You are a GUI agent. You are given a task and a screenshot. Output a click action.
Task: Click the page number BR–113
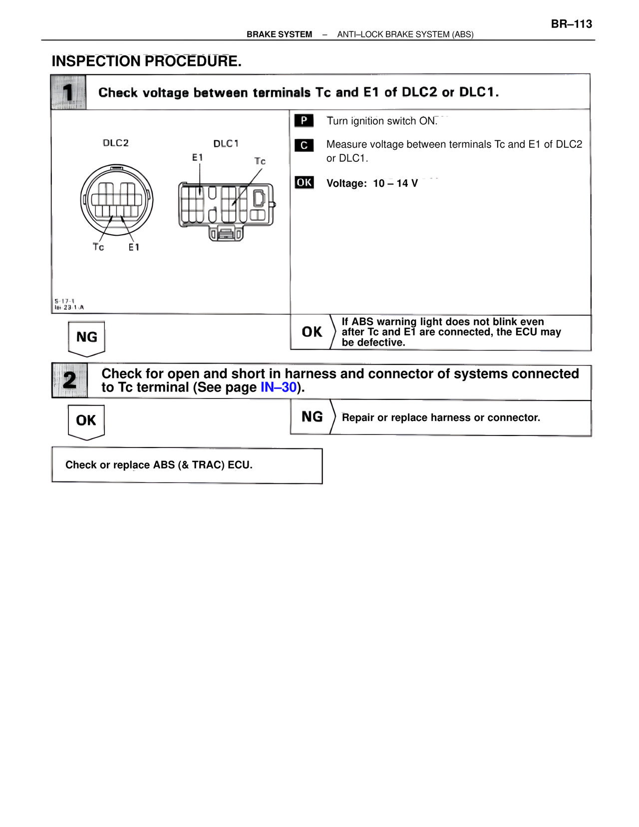point(571,24)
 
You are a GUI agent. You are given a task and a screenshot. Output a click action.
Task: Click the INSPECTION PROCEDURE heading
point(146,61)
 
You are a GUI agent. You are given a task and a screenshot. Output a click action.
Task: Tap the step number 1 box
point(68,92)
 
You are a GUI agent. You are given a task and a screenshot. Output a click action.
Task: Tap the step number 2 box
point(69,381)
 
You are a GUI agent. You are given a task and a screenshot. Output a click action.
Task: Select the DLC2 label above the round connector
point(116,143)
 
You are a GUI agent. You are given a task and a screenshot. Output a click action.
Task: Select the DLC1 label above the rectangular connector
point(226,144)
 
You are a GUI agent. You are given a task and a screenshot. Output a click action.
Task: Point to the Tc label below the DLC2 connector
point(98,247)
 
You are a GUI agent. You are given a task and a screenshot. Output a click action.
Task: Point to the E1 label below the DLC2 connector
point(134,247)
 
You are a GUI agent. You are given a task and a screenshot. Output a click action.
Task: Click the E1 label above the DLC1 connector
point(198,157)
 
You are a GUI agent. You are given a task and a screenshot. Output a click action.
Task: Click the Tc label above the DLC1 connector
point(260,161)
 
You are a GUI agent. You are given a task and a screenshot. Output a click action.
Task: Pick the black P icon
point(304,120)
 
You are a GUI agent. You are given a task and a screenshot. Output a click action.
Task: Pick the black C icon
point(304,145)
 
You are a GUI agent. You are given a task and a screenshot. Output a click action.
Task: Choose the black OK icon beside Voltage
point(304,182)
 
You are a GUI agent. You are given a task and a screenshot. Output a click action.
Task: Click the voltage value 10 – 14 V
point(395,183)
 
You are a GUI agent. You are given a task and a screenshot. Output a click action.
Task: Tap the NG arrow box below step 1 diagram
point(86,338)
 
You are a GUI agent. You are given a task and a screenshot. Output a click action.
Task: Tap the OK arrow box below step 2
point(86,421)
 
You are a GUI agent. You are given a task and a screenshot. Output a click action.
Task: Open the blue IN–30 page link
point(279,388)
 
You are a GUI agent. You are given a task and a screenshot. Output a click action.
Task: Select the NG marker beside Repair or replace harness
point(312,417)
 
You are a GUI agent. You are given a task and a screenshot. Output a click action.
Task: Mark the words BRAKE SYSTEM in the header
point(279,34)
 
